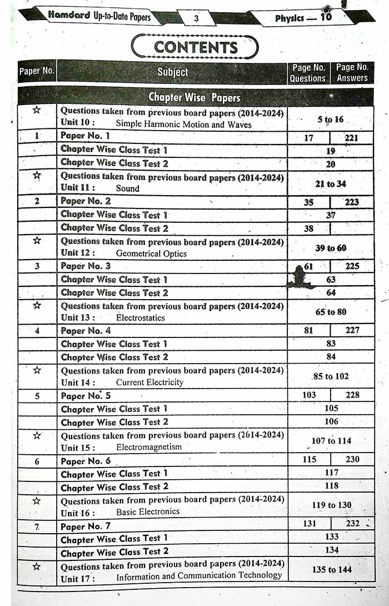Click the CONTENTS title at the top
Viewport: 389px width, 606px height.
pos(195,47)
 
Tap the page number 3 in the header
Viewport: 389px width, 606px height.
pos(196,19)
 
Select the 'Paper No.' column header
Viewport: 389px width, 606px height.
pos(37,71)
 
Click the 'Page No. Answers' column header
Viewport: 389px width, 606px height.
pos(352,73)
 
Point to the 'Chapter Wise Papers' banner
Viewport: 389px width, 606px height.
pos(194,97)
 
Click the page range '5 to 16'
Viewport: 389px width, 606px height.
pos(331,119)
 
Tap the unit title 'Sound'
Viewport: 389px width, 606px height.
pos(127,188)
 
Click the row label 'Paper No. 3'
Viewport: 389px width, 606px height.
pos(86,266)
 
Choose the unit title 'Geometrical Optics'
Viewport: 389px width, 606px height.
pos(151,254)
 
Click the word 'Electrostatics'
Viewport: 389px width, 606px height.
pos(140,318)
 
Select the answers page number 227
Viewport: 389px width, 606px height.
pos(352,330)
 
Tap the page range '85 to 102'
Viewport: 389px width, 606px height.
pos(331,376)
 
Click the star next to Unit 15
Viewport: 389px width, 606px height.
pos(37,435)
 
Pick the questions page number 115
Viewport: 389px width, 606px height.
pos(310,459)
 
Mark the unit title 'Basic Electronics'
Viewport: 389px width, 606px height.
pos(148,511)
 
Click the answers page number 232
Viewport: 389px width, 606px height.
pos(352,523)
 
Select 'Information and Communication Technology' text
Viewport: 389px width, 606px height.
pos(199,577)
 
